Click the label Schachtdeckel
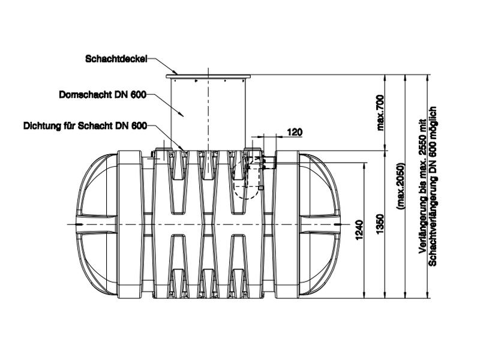pos(116,59)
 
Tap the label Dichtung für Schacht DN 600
pos(85,127)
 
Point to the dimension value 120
pos(295,132)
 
